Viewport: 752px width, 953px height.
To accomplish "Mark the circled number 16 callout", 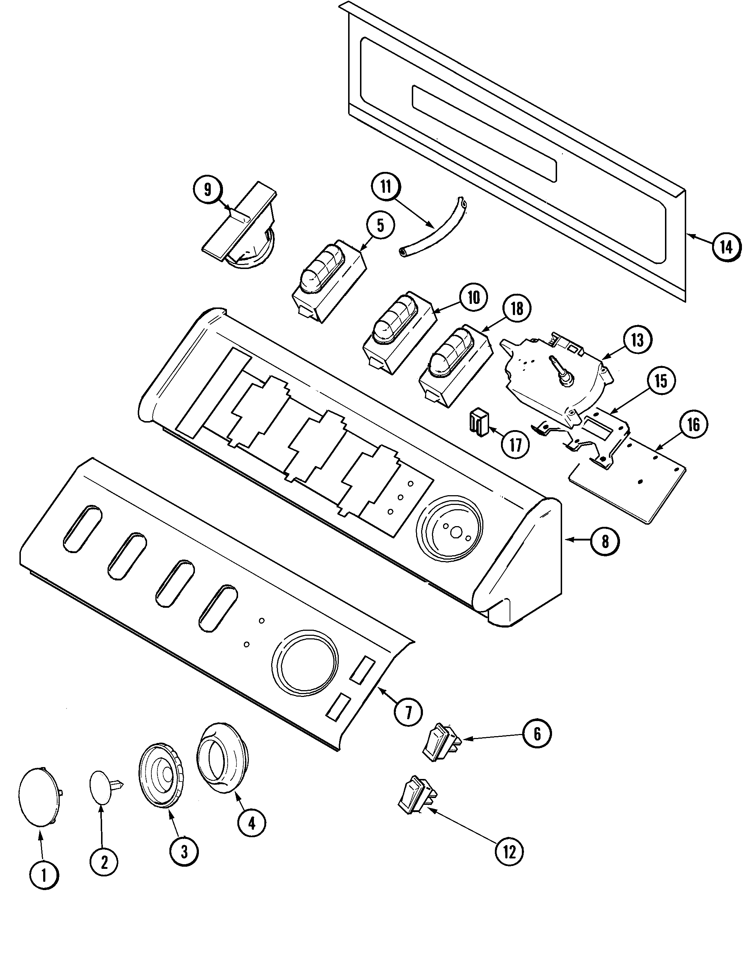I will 693,425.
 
